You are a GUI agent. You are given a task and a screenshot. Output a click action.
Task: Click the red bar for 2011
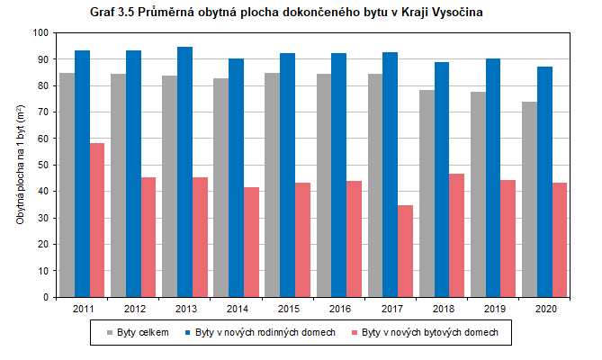(97, 220)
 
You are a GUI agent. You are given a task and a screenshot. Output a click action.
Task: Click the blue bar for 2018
(441, 179)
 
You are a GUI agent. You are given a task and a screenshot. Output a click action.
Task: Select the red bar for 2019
(508, 238)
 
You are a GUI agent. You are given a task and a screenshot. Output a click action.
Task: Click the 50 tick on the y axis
(42, 165)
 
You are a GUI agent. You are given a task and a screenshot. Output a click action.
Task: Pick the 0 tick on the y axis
(45, 297)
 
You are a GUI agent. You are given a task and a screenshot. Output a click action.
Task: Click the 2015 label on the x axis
(287, 309)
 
